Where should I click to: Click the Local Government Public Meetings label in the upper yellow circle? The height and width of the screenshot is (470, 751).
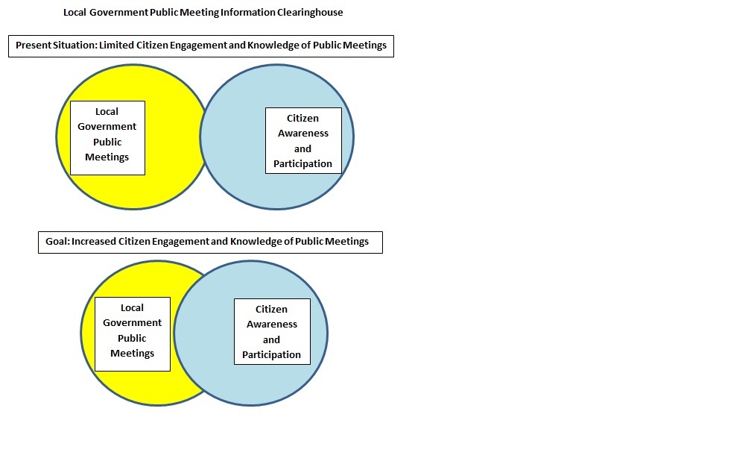pyautogui.click(x=107, y=138)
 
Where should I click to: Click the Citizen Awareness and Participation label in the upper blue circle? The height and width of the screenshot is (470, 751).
pyautogui.click(x=303, y=141)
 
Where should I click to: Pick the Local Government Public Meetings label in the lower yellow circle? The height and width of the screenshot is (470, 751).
pyautogui.click(x=133, y=334)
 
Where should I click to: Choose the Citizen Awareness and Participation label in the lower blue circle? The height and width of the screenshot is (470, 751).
pyautogui.click(x=272, y=331)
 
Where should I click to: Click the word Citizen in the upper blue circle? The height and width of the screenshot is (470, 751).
pyautogui.click(x=302, y=118)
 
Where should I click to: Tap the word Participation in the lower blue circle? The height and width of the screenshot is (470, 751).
pyautogui.click(x=272, y=355)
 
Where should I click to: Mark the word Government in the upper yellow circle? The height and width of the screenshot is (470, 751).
pyautogui.click(x=107, y=127)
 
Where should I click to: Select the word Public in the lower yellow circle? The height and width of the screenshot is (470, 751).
pyautogui.click(x=133, y=338)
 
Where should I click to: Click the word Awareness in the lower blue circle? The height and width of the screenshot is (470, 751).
pyautogui.click(x=272, y=325)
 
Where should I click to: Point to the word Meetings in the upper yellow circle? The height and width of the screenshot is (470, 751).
pyautogui.click(x=107, y=157)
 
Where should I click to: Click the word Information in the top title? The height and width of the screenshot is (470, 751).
pyautogui.click(x=244, y=13)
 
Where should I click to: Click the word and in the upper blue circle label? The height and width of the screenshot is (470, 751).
pyautogui.click(x=302, y=148)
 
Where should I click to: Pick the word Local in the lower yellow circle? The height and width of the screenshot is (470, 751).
pyautogui.click(x=133, y=307)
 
